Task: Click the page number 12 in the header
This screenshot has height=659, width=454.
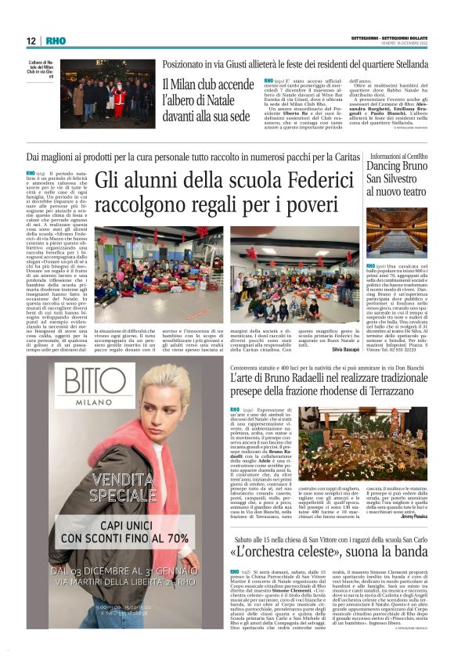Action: [x=31, y=41]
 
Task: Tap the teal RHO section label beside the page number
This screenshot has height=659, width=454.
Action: [x=56, y=41]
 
